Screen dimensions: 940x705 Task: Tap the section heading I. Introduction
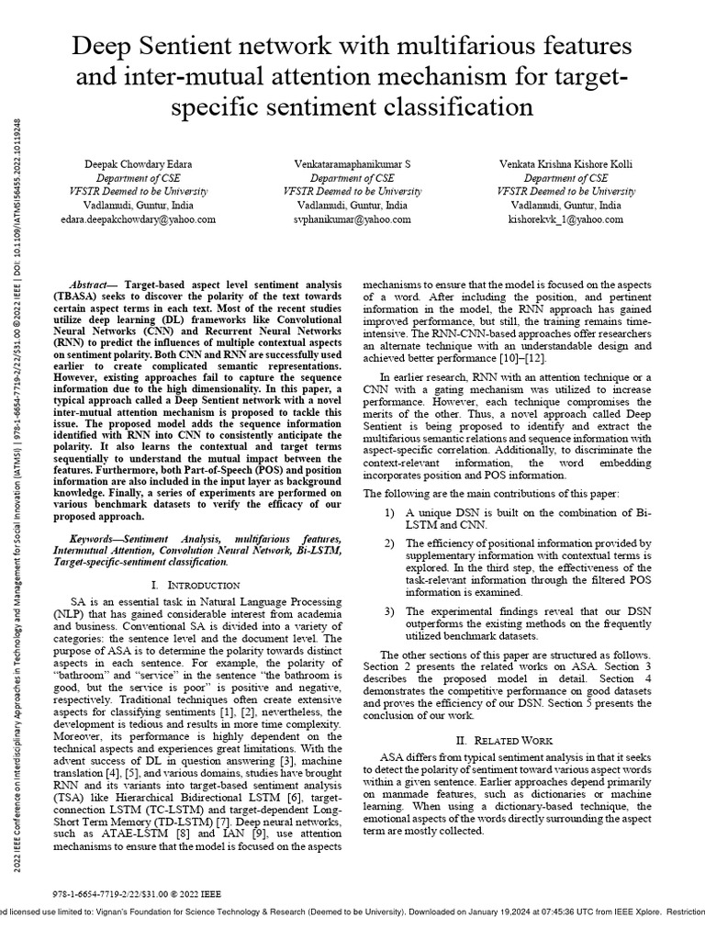pos(194,585)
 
